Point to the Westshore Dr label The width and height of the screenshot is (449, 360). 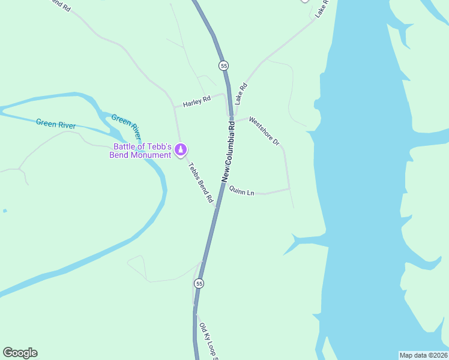click(265, 131)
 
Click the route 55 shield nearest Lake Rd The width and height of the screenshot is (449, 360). click(224, 65)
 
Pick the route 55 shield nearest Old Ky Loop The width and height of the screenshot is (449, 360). click(199, 283)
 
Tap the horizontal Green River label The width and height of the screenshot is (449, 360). click(56, 124)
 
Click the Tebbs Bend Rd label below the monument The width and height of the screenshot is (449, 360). click(201, 182)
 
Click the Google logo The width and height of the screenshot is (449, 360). click(20, 353)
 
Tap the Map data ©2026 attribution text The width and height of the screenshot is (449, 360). click(424, 355)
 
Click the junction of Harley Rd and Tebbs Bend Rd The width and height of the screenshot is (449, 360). click(175, 107)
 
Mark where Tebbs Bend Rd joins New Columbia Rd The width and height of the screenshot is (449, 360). click(215, 208)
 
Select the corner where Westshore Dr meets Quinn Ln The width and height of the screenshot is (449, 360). click(289, 190)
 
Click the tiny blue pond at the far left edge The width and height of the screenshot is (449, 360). click(4, 211)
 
